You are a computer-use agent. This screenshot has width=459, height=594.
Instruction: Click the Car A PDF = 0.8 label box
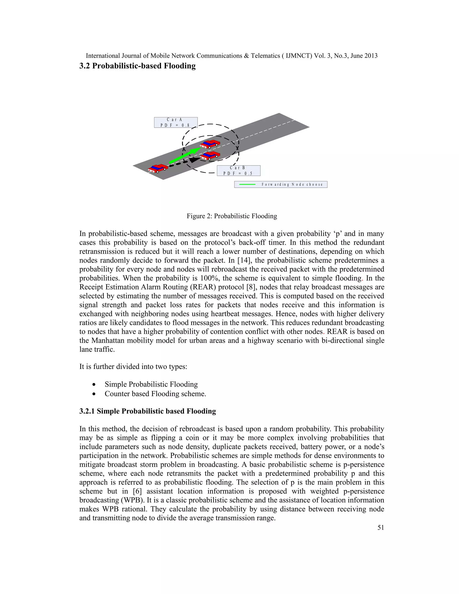pos(176,122)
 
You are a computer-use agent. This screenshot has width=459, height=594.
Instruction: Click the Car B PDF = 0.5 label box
pos(238,171)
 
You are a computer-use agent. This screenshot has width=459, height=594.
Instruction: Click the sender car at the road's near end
pos(158,168)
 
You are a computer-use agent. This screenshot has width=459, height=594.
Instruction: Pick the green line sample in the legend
pos(247,184)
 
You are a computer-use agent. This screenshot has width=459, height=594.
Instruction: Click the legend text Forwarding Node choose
pos(292,184)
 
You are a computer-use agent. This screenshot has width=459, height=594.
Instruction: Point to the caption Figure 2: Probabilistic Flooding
pos(232,216)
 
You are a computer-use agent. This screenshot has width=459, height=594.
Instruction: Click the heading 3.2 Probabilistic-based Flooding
pos(137,66)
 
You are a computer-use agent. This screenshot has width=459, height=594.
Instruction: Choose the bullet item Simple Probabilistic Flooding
pos(151,384)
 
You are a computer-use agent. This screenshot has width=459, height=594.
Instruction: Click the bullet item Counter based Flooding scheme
pos(155,394)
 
